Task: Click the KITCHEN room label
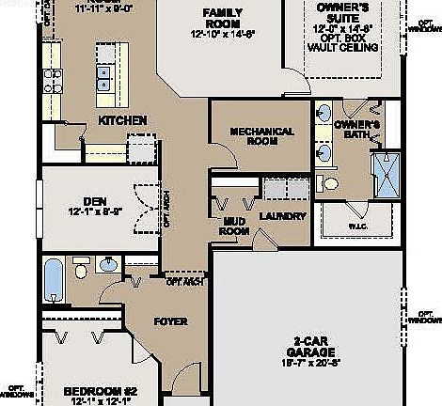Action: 122,120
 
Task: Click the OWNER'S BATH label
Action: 356,130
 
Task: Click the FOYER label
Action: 170,321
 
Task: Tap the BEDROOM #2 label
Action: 102,390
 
